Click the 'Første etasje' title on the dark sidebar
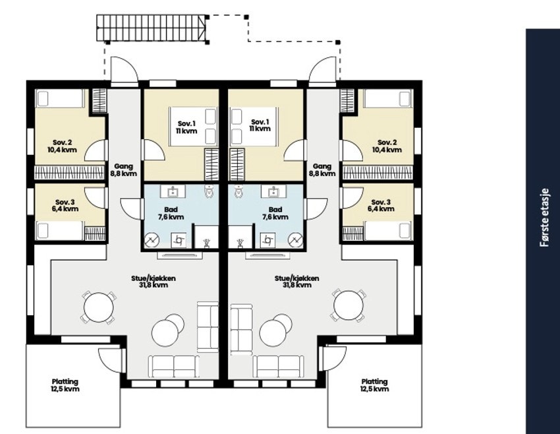coord(544,218)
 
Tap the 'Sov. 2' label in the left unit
coord(62,142)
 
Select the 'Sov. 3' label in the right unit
coord(381,202)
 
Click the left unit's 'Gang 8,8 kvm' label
coord(124,170)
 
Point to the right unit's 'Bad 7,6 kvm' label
coord(275,213)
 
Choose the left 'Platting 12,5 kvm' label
coord(65,385)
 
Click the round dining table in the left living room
coord(99,307)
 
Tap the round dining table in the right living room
coord(349,306)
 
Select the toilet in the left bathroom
coord(209,191)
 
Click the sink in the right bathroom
coord(274,191)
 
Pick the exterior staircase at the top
coord(152,28)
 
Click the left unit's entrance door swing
coord(125,71)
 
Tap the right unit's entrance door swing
coord(323,71)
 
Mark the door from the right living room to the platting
coord(333,358)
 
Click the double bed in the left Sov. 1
coord(193,127)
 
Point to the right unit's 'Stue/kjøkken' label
coord(296,278)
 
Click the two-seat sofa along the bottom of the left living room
coord(173,367)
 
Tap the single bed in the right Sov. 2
coord(388,98)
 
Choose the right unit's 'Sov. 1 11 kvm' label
coord(261,125)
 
